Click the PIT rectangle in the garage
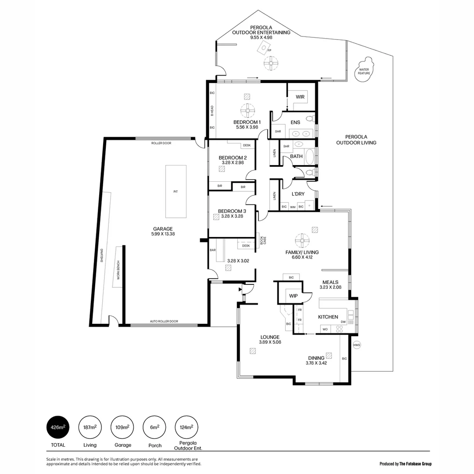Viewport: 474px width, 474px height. coord(176,191)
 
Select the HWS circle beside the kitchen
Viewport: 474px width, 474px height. coord(356,345)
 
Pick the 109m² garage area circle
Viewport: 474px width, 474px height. coord(123,427)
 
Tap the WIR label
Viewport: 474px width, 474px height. coord(300,97)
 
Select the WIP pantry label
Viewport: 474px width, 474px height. coord(293,296)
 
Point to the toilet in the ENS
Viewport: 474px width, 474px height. coord(310,118)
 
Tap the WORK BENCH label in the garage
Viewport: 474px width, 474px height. coord(118,270)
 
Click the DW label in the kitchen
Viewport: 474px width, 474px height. coord(343,322)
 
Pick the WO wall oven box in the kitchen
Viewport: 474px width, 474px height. coord(325,329)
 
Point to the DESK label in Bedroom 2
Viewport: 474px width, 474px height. coord(247,145)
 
